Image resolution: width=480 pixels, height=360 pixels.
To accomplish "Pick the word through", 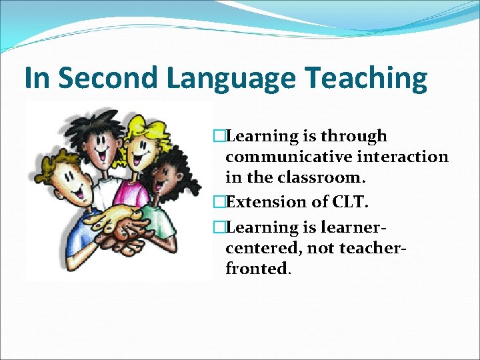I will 355,137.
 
